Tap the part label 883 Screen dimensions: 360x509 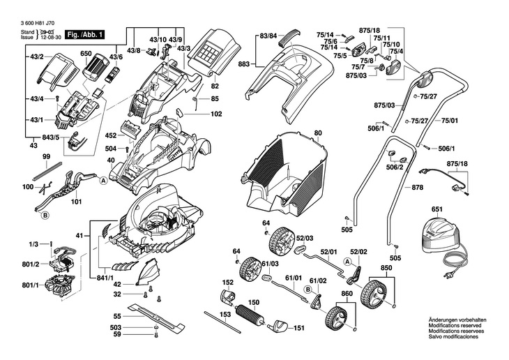tap(243, 64)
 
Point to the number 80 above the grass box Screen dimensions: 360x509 tap(318, 132)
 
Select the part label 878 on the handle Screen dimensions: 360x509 tap(417, 187)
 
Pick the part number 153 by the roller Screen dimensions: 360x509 tap(225, 315)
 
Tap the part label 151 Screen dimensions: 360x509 tap(299, 328)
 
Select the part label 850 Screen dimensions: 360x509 tap(386, 267)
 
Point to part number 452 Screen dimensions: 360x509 tap(110, 135)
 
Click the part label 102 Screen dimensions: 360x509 tap(216, 113)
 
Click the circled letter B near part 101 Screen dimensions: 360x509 tap(45, 216)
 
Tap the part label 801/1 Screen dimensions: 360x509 tap(30, 285)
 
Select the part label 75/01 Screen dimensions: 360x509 tap(450, 121)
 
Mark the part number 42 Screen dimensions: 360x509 tap(117, 285)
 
